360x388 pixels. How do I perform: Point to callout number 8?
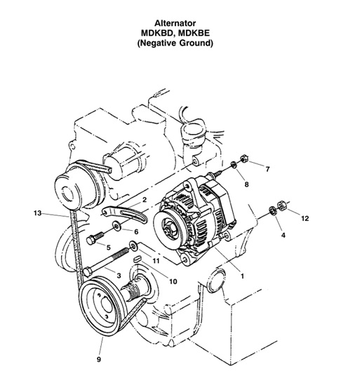pyautogui.click(x=246, y=184)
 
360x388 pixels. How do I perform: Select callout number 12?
pyautogui.click(x=304, y=219)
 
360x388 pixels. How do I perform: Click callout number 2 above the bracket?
pyautogui.click(x=143, y=200)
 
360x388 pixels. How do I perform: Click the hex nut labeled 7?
pyautogui.click(x=241, y=159)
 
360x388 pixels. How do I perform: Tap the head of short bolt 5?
pyautogui.click(x=92, y=239)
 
